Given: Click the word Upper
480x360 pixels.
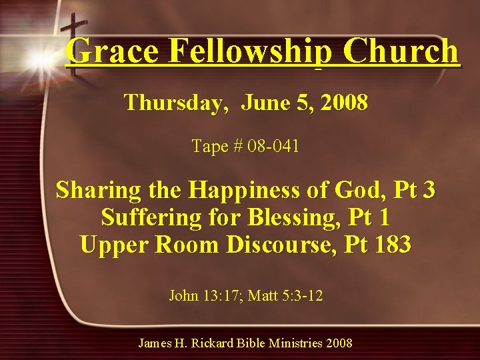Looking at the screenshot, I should click(x=114, y=245).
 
